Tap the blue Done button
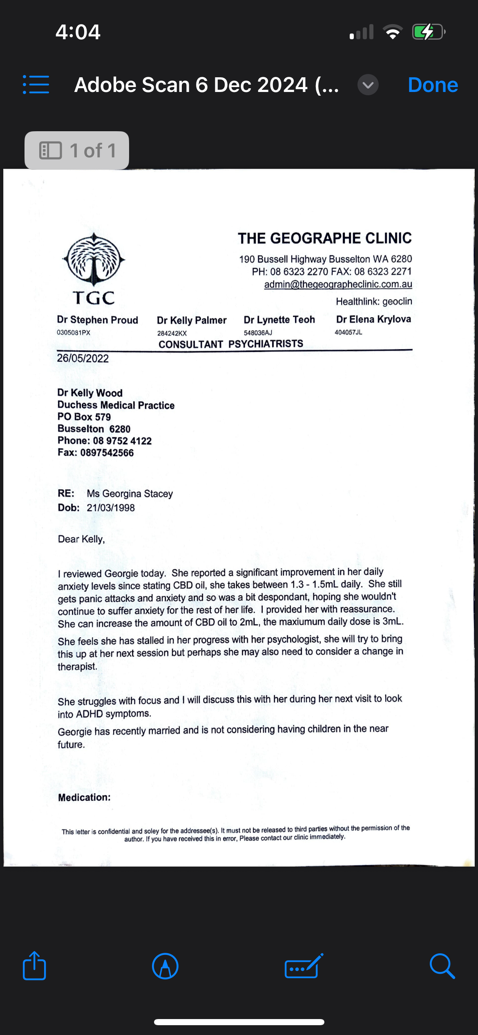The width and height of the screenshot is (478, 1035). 433,85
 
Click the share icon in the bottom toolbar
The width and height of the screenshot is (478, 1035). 34,966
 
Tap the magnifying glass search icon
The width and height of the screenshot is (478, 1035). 442,966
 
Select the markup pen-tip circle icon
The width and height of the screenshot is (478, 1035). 165,966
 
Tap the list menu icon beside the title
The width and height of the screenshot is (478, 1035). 36,85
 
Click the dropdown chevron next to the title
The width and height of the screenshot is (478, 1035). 368,85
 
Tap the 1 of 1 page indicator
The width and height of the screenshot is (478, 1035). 77,150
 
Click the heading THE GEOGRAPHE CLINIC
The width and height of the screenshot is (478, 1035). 325,238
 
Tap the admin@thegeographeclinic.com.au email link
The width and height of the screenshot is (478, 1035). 338,284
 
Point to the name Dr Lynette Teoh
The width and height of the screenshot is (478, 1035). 279,320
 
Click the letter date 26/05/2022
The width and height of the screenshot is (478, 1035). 83,358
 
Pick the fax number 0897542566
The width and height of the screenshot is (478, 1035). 107,453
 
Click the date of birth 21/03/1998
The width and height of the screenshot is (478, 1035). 111,508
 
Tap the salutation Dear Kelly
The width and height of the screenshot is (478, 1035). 81,539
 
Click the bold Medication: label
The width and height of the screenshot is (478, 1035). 84,797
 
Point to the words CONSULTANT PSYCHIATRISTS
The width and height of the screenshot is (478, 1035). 231,344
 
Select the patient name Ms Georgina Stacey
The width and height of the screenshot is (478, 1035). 130,494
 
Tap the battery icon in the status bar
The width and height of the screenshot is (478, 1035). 428,32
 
